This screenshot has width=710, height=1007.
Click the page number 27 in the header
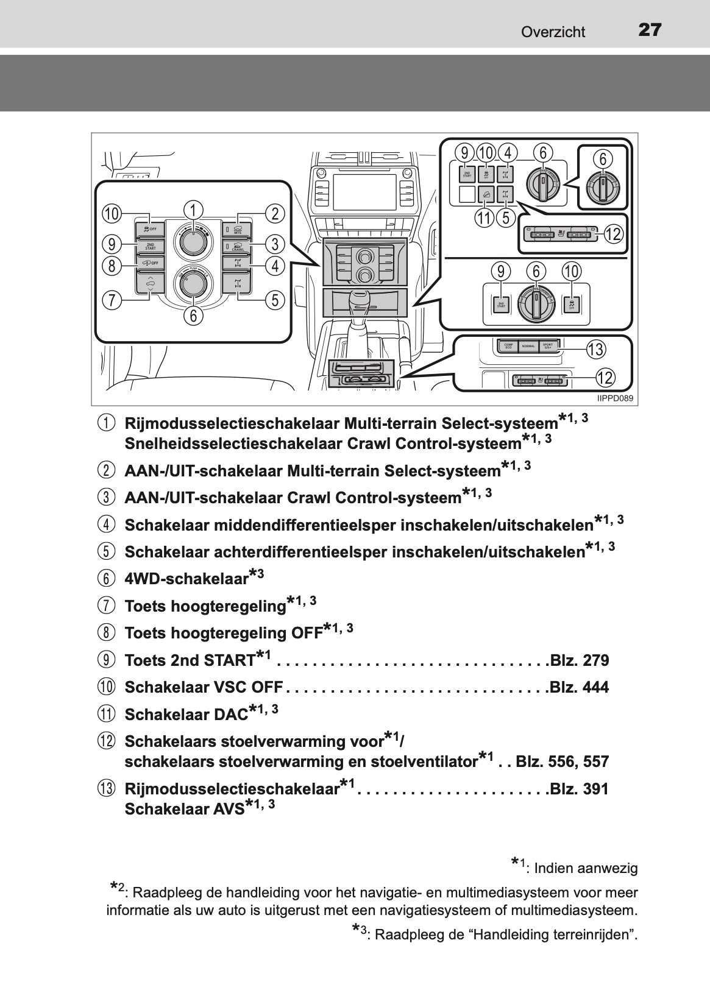[650, 30]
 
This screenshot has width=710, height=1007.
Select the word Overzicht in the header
[553, 32]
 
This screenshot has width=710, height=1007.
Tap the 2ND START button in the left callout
[150, 246]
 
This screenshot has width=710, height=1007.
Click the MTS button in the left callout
[236, 230]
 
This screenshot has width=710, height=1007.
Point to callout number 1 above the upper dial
[193, 210]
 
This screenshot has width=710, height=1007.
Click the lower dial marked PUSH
[193, 284]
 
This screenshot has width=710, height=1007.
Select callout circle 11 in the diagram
[486, 217]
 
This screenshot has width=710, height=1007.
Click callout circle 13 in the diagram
[595, 350]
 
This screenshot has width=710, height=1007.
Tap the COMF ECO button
[508, 346]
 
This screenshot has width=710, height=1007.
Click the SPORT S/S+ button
[547, 346]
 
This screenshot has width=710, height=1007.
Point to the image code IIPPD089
[616, 398]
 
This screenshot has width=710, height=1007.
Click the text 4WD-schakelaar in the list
[186, 578]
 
